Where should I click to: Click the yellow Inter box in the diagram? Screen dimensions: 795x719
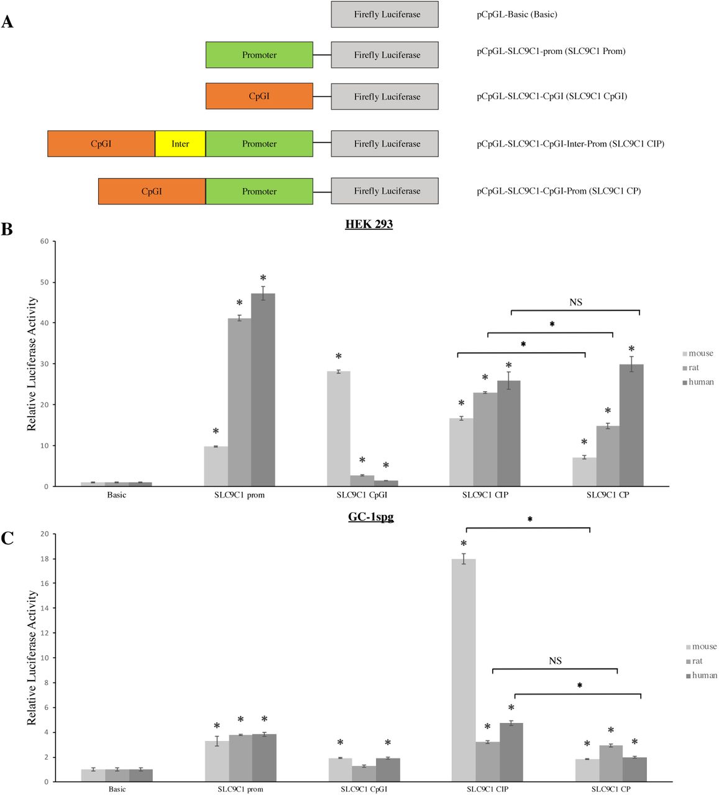coord(180,143)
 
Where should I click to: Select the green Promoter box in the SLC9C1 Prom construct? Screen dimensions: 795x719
coord(259,55)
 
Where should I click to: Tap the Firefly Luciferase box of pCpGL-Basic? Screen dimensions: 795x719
coord(384,14)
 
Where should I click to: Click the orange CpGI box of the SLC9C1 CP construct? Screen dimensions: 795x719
coord(152,191)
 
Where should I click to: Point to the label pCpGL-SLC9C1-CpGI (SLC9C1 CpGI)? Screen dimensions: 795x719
coord(552,96)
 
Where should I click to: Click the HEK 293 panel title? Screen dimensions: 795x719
coord(369,224)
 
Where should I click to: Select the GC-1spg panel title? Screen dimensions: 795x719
coord(370,517)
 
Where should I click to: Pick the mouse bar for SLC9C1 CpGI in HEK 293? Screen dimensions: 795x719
coord(339,429)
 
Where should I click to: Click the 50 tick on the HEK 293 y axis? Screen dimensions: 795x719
coord(44,282)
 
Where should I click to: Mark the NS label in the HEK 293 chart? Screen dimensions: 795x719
coord(575,302)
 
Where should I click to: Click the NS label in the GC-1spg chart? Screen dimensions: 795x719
coord(555,661)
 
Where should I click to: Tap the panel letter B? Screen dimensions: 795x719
coord(7,229)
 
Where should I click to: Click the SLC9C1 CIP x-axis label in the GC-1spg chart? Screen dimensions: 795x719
coord(488,789)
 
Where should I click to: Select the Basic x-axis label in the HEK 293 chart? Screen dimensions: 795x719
coord(116,495)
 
